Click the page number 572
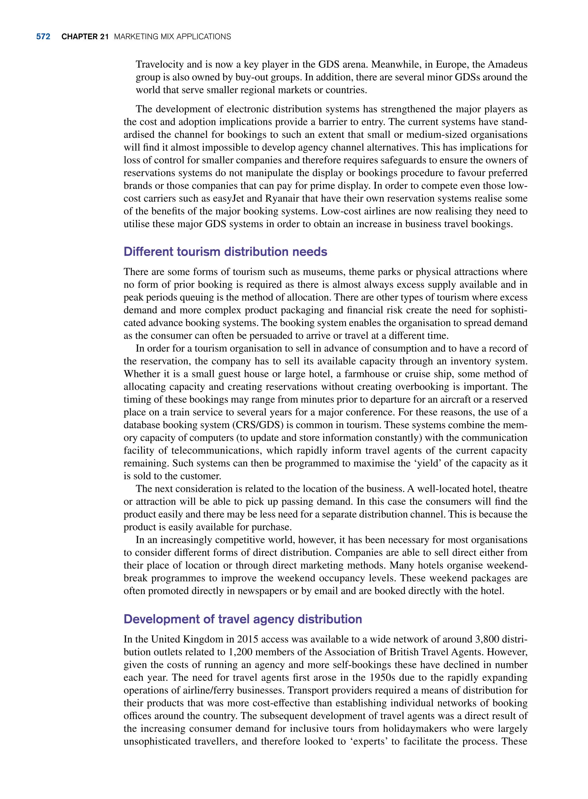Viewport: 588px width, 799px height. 43,37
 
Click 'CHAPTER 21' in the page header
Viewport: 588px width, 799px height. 85,37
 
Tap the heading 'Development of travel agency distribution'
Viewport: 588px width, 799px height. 242,619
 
